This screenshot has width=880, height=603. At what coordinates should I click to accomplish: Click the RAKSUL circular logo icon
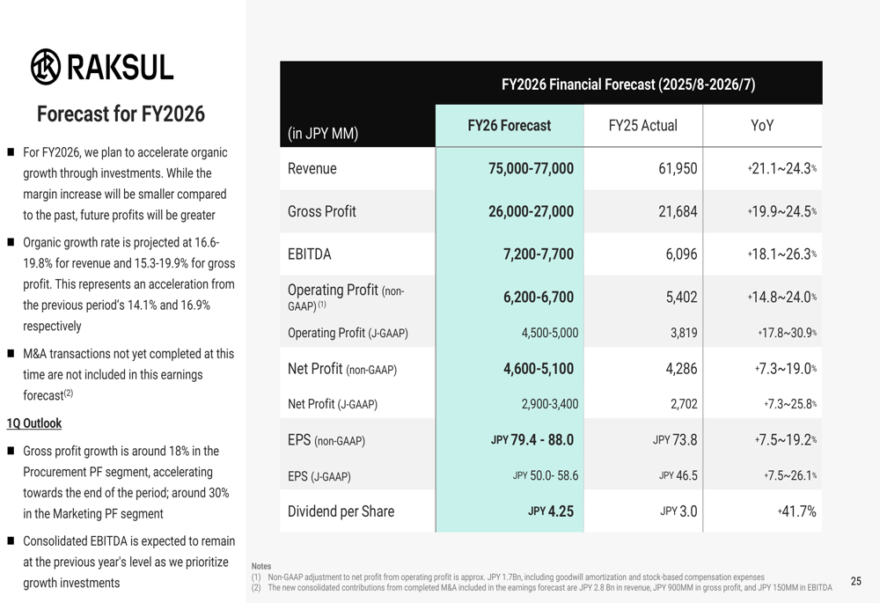[45, 67]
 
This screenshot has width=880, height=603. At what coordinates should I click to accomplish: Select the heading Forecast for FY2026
[121, 114]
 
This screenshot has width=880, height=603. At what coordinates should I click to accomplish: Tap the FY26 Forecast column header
[509, 126]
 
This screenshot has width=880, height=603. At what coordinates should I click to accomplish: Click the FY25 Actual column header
[643, 126]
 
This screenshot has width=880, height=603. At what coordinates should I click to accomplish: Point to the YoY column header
[762, 126]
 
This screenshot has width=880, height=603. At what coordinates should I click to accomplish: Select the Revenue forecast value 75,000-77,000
[531, 169]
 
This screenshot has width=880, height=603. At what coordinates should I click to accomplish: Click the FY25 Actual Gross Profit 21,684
[678, 211]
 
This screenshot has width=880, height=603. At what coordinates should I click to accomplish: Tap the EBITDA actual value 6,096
[681, 254]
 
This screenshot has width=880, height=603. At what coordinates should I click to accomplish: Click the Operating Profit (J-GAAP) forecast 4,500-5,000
[544, 333]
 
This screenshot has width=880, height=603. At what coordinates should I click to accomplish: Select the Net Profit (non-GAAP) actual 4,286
[681, 370]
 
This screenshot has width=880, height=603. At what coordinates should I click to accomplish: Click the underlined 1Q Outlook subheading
[34, 423]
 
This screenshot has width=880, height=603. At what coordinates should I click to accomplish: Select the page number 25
[856, 581]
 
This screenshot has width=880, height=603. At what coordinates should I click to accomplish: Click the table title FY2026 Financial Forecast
[628, 85]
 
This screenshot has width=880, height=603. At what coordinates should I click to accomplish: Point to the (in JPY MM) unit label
[323, 135]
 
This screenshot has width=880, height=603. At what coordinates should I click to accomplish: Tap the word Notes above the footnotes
[261, 566]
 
